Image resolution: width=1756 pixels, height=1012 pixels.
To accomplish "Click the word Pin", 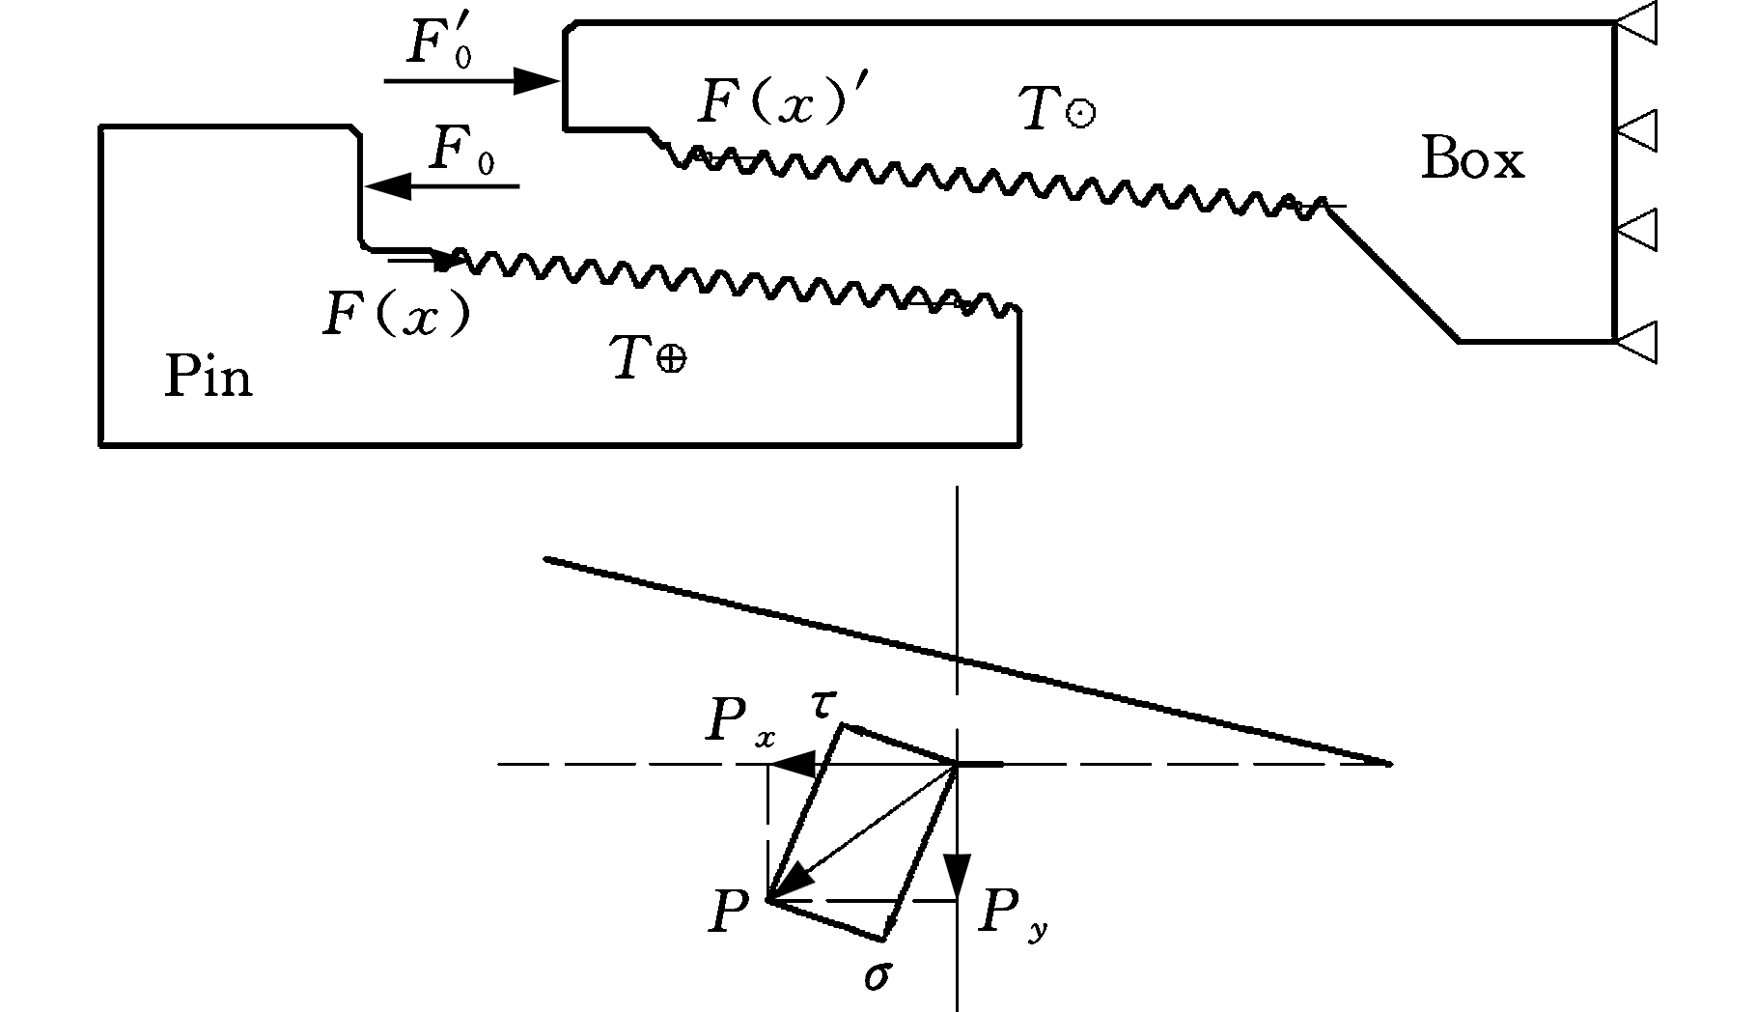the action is [x=209, y=376].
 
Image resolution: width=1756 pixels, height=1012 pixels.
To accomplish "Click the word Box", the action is [x=1472, y=159].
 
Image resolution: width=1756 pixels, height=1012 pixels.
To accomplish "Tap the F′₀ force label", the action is [x=439, y=42].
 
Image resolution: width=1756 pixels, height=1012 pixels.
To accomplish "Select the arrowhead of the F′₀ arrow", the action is [x=536, y=81].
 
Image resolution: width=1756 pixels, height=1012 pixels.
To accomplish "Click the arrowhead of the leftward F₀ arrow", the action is [x=388, y=185].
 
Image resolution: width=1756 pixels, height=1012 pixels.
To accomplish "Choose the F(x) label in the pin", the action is [x=397, y=313].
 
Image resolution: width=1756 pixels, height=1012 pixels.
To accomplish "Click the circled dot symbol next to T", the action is [x=1080, y=114].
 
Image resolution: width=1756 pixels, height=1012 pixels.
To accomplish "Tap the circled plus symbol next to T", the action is [x=672, y=360].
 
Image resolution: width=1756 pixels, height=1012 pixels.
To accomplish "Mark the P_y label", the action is [x=1013, y=914].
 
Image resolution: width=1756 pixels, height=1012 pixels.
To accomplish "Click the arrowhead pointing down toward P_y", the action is [x=957, y=877].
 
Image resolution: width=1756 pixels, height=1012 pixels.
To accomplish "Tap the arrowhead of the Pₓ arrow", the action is [x=794, y=766].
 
